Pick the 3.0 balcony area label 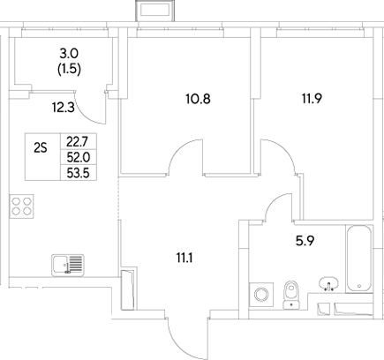coord(68,53)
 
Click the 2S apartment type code coord(40,148)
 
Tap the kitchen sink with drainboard coord(68,264)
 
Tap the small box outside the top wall coord(151,11)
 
